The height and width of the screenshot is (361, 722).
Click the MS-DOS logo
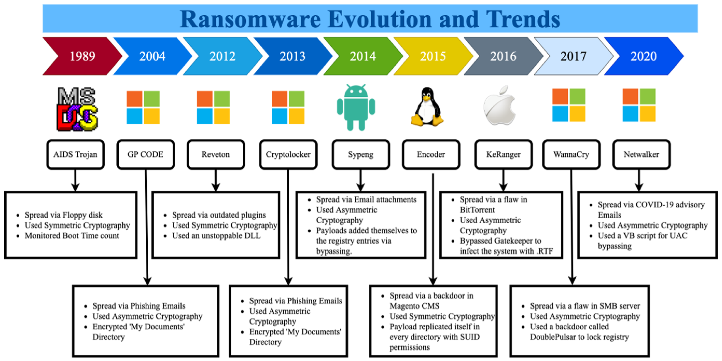[x=77, y=109]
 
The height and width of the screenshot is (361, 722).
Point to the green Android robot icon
[x=356, y=107]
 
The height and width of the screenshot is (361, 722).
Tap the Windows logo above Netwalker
[x=639, y=105]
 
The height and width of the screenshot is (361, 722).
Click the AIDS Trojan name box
[x=75, y=154]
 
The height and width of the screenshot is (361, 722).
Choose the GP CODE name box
[x=145, y=154]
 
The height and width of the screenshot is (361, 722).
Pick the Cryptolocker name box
[x=288, y=154]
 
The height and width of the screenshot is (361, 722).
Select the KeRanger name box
[x=503, y=154]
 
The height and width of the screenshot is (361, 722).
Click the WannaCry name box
[x=571, y=154]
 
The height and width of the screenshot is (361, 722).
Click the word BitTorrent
[x=477, y=210]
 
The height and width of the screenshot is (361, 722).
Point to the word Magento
[x=403, y=306]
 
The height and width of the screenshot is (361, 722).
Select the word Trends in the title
[x=523, y=19]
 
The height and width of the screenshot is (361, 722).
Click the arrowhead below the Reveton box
[x=215, y=187]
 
